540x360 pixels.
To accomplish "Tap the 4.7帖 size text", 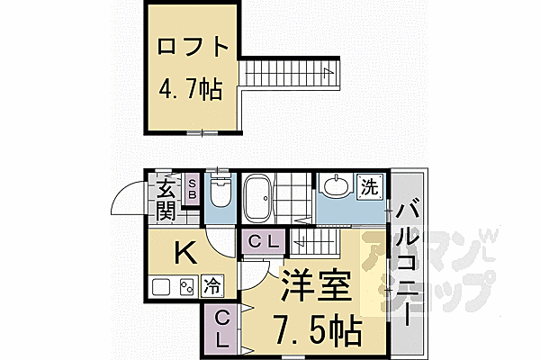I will coord(190,91).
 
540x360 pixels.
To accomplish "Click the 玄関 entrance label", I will coord(166,199).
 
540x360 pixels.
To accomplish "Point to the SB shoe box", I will coord(193,191).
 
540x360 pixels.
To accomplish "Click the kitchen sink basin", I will coord(161,288).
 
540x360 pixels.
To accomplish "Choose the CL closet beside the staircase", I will coord(264,241).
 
